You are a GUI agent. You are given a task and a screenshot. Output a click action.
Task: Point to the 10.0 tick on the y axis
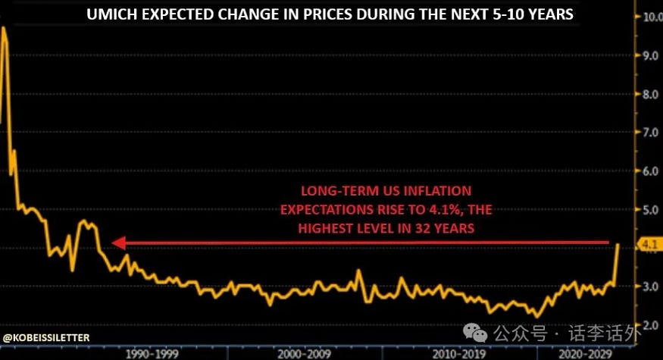tap(651, 17)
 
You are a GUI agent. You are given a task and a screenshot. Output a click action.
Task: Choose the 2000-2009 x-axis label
tap(303, 353)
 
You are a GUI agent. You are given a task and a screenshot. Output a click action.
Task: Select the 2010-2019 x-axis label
tap(458, 353)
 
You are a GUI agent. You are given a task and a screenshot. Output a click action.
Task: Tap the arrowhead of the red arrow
tap(117, 243)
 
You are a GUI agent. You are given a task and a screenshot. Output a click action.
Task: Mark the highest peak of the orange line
tap(5, 28)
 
